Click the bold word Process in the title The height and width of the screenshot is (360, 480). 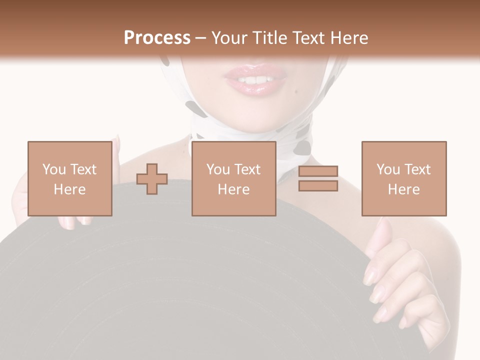pyautogui.click(x=157, y=38)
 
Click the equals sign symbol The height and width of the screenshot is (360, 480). pyautogui.click(x=318, y=178)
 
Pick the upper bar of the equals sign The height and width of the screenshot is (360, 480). pyautogui.click(x=318, y=171)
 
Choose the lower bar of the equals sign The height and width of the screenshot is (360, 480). pyautogui.click(x=318, y=185)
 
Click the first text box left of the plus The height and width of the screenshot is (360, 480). pyautogui.click(x=69, y=178)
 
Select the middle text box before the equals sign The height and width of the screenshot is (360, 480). pyautogui.click(x=233, y=178)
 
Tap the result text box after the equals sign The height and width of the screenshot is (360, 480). pyautogui.click(x=403, y=178)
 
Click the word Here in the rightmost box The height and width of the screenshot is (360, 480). pyautogui.click(x=403, y=189)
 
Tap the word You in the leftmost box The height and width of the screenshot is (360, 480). pyautogui.click(x=53, y=169)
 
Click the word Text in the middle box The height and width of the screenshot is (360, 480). pyautogui.click(x=247, y=169)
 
